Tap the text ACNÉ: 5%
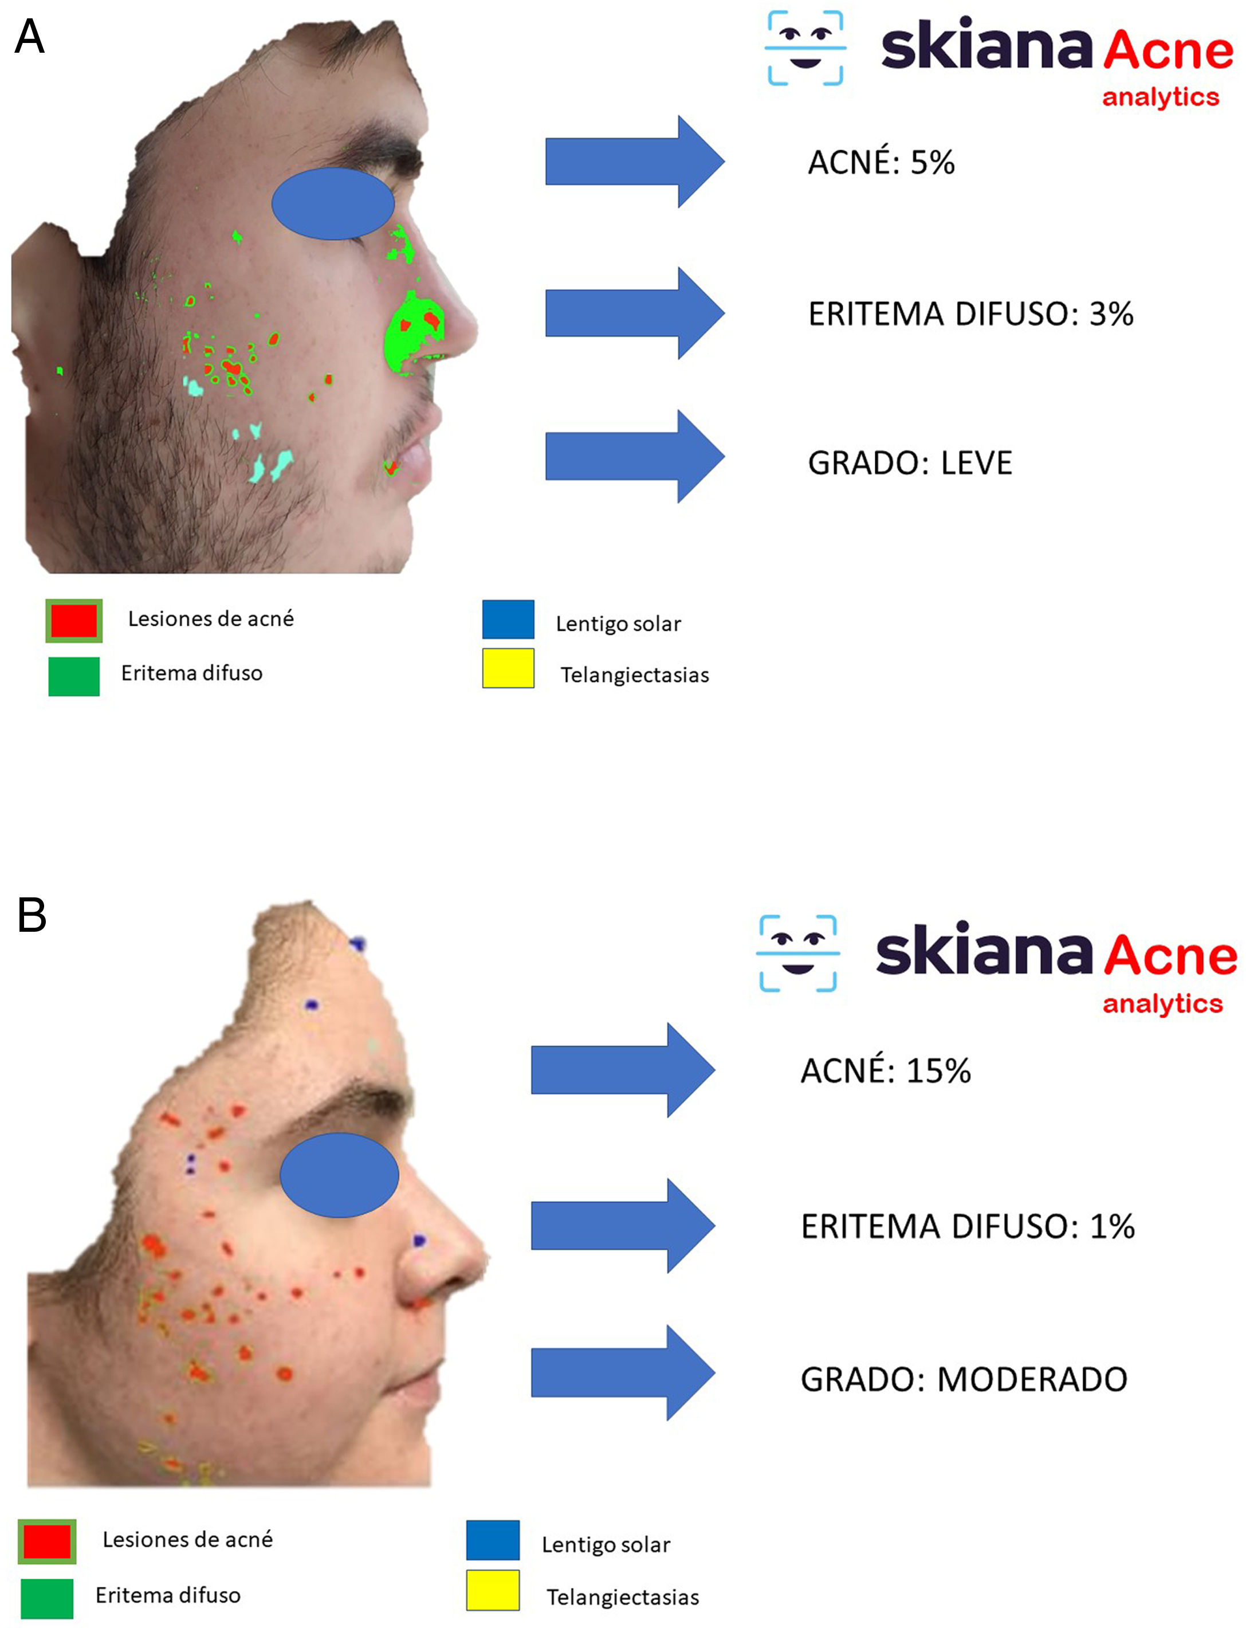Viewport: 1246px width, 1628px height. click(881, 162)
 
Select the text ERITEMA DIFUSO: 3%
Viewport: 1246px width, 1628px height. click(970, 313)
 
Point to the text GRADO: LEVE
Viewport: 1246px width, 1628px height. click(909, 463)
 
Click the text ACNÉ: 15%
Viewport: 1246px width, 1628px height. click(886, 1071)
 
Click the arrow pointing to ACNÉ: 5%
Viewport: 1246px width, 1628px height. click(634, 162)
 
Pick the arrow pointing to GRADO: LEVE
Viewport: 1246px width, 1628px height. click(634, 456)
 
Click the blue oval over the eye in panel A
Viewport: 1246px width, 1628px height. click(333, 203)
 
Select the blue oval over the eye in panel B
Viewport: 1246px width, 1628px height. click(339, 1175)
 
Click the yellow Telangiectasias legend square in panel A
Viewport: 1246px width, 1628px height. click(508, 668)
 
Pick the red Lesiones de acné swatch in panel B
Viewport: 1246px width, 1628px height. click(47, 1541)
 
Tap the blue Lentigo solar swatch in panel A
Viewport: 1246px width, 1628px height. click(508, 619)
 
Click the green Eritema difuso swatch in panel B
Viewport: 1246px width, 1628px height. click(47, 1598)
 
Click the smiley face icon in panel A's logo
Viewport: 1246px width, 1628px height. click(805, 48)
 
